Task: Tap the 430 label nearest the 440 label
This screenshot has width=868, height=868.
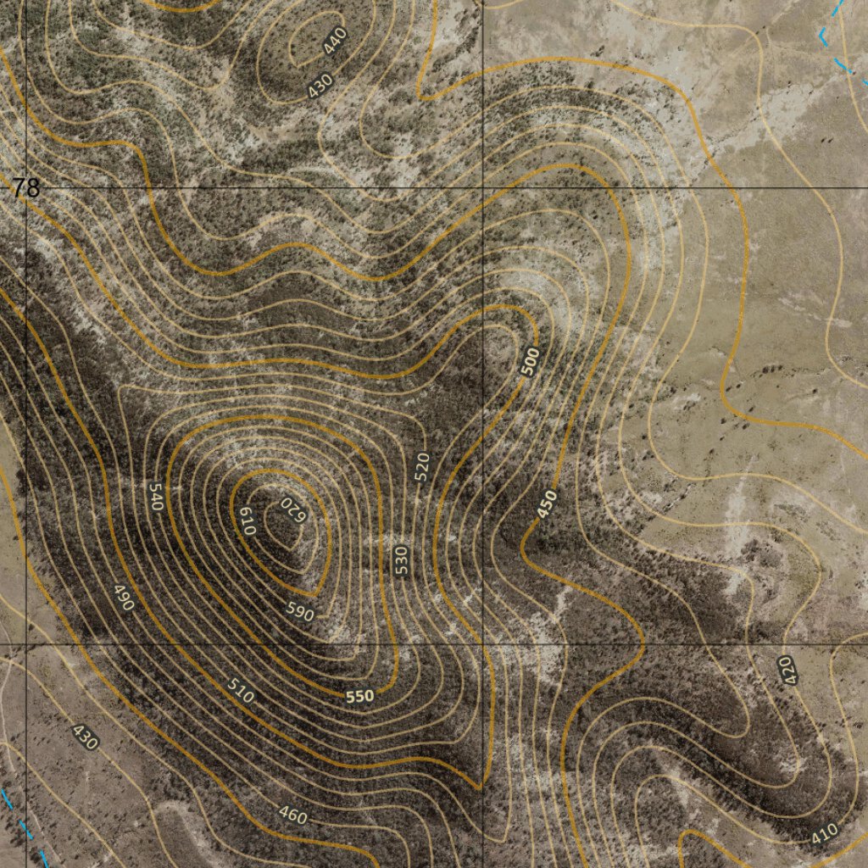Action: click(320, 86)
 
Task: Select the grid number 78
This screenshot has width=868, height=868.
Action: click(26, 188)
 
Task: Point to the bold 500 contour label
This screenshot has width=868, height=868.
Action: click(530, 363)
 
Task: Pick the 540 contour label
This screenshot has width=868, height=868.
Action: click(155, 496)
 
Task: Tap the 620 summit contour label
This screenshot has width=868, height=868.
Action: click(292, 509)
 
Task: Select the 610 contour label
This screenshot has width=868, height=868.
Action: click(246, 520)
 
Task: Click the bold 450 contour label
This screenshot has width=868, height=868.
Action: click(548, 504)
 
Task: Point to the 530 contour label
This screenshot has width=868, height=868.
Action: click(401, 560)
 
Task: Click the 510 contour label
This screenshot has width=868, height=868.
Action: click(241, 691)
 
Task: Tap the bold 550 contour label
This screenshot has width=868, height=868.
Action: click(360, 696)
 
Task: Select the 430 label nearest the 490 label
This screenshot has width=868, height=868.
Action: click(86, 737)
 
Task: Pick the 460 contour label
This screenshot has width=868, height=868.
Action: click(293, 815)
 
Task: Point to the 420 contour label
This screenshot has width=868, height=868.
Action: click(787, 670)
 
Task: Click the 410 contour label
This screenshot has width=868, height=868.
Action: click(824, 832)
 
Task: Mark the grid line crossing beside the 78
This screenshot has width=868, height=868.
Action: click(26, 187)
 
